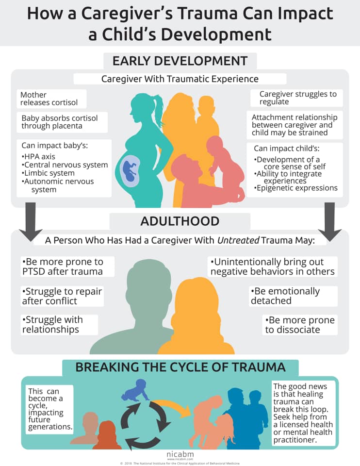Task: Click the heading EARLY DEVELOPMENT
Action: (180, 61)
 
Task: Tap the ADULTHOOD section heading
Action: (180, 221)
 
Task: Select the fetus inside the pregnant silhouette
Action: (130, 170)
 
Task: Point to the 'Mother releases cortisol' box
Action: (52, 99)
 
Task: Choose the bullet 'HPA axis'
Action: (38, 157)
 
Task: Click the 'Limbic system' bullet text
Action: (48, 173)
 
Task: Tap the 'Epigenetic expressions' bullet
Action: (296, 188)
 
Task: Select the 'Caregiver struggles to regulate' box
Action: (297, 98)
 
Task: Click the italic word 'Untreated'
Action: (239, 240)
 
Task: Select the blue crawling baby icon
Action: (135, 390)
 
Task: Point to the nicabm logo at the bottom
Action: (180, 455)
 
